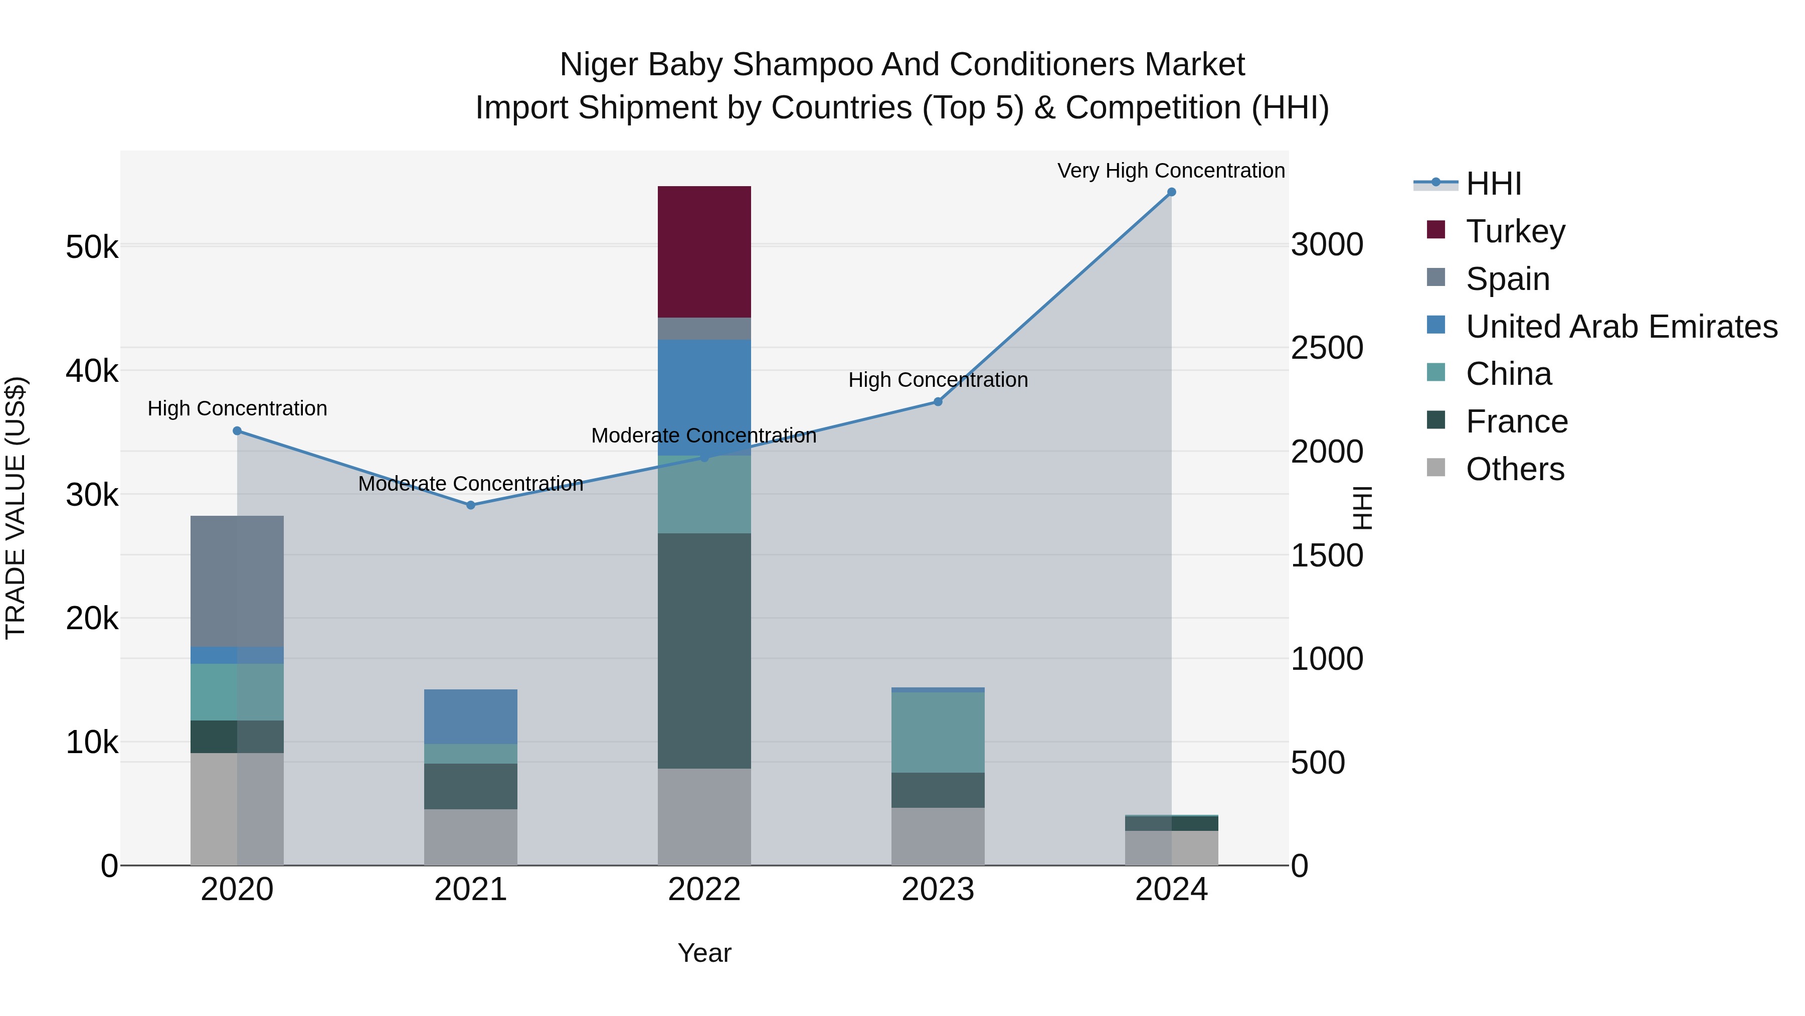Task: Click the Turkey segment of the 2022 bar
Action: (x=704, y=252)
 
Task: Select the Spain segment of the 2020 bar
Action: (x=237, y=580)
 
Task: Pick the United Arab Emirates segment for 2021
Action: (x=470, y=716)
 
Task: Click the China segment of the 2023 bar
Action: (x=938, y=732)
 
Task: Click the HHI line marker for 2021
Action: (x=470, y=505)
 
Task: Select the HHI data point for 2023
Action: (x=938, y=402)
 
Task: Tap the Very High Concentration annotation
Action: (x=1170, y=171)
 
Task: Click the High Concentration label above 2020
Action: (x=237, y=408)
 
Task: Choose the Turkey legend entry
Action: (x=1515, y=231)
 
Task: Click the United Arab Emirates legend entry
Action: (x=1620, y=326)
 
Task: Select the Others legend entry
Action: (x=1514, y=469)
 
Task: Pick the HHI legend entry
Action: (x=1493, y=184)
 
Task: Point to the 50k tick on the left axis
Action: (x=92, y=247)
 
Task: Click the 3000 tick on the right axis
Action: (x=1326, y=245)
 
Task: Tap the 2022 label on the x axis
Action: (x=704, y=889)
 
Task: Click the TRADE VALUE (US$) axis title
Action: (x=16, y=508)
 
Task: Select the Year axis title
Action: (x=704, y=953)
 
